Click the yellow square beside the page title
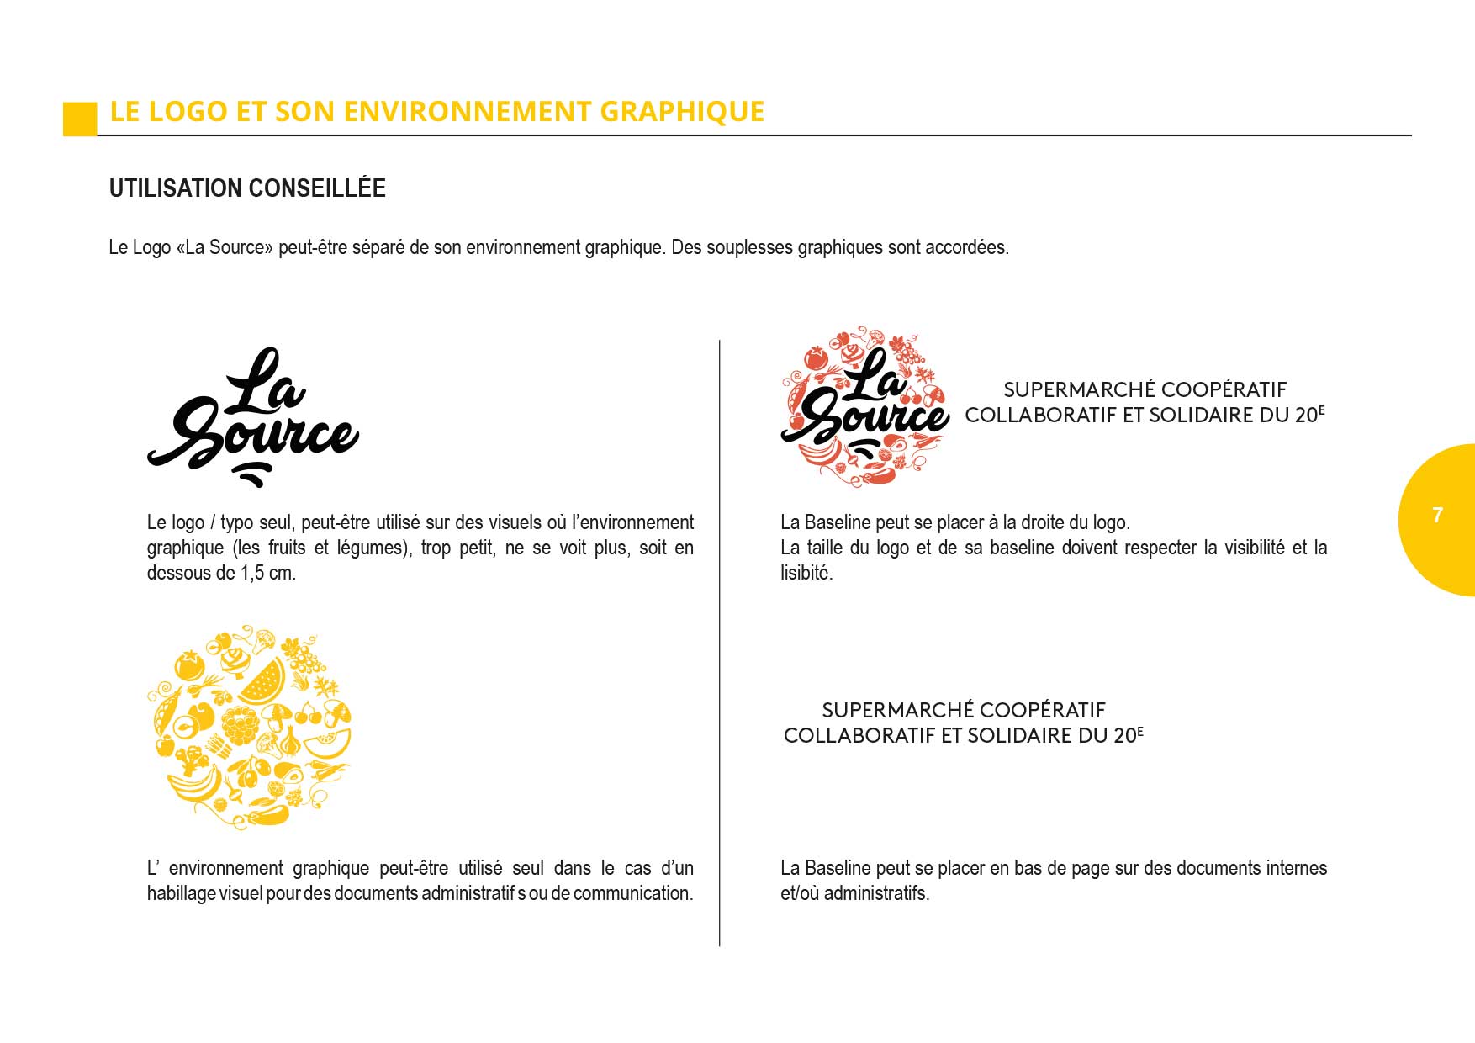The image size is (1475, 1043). point(80,119)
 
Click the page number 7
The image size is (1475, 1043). point(1437,515)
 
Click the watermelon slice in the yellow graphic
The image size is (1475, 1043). point(263,680)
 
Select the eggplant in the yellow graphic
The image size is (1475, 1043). point(267,814)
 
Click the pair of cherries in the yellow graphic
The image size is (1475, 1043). point(308,714)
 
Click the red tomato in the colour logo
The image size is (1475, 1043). point(816,358)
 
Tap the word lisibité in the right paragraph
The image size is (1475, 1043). point(806,573)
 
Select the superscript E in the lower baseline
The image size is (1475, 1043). point(1140,731)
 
